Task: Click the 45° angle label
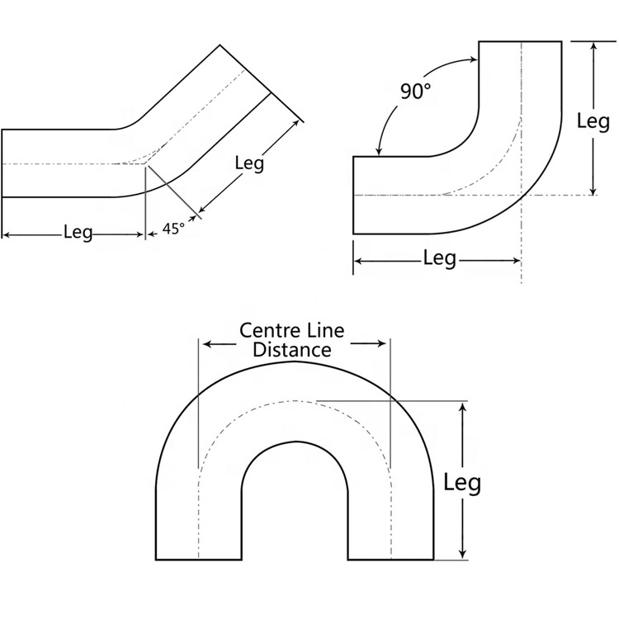(x=173, y=229)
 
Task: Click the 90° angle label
(x=417, y=92)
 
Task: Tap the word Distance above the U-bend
(x=292, y=349)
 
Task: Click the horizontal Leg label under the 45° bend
(x=78, y=233)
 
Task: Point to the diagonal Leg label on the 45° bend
(x=249, y=163)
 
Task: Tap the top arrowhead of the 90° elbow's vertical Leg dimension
(x=593, y=46)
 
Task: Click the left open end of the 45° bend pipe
(x=2, y=163)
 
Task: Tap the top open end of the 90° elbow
(x=521, y=40)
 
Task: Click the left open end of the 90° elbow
(x=354, y=195)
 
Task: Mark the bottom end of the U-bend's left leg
(x=198, y=560)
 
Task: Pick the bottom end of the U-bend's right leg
(x=390, y=560)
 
